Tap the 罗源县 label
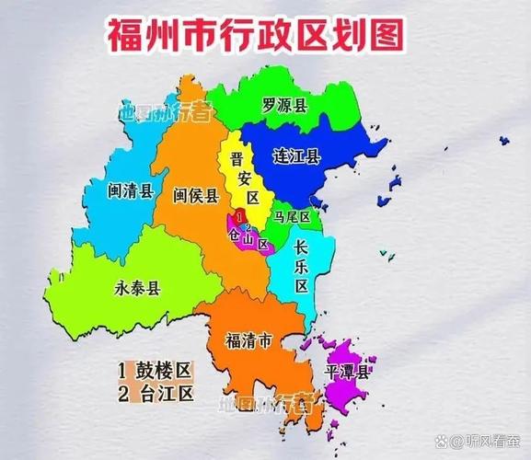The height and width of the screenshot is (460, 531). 284,105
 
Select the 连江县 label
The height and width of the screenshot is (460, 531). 296,156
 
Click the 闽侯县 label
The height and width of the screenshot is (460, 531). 196,195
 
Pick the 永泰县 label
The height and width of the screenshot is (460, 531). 139,288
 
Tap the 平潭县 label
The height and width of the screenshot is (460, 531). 347,373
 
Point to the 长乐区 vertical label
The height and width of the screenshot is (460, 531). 301,266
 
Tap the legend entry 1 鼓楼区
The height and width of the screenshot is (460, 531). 154,371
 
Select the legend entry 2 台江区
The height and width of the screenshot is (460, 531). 154,395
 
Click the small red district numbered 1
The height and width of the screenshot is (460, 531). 238,216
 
